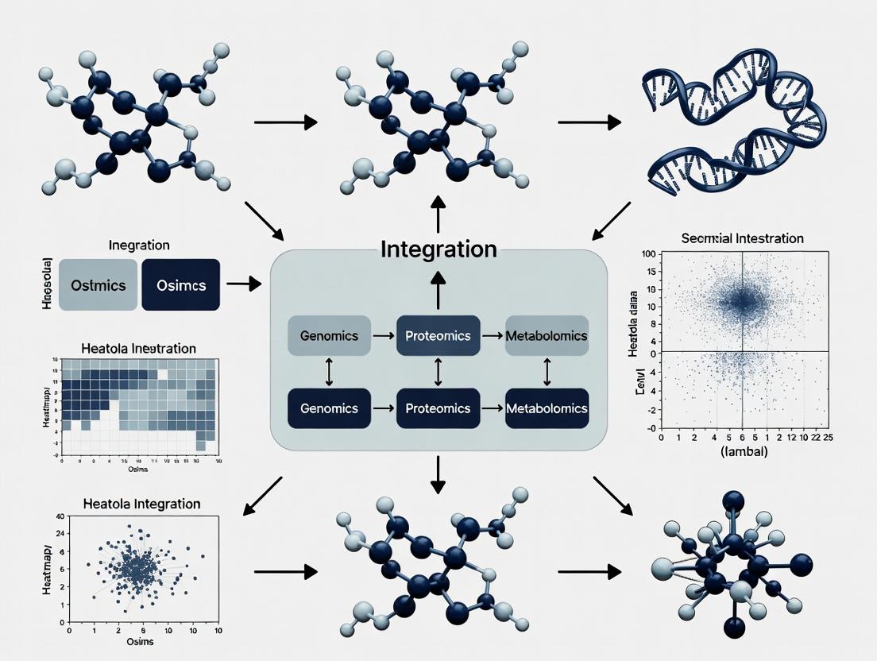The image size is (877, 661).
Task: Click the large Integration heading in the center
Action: pyautogui.click(x=438, y=249)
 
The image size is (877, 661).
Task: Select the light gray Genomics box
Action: pyautogui.click(x=329, y=335)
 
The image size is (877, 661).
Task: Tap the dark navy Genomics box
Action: pyautogui.click(x=329, y=408)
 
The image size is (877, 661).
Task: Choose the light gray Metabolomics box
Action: pyautogui.click(x=547, y=335)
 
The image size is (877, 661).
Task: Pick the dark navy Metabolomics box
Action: pyautogui.click(x=547, y=408)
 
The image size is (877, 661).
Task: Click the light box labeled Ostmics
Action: pyautogui.click(x=98, y=284)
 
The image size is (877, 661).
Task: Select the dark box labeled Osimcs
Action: pyautogui.click(x=180, y=284)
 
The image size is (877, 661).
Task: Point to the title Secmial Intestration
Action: pyautogui.click(x=743, y=238)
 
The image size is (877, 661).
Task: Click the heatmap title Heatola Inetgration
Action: pyautogui.click(x=138, y=349)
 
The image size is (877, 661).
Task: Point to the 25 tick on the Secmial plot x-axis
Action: pyautogui.click(x=828, y=437)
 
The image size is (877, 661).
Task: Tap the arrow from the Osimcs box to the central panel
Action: pyautogui.click(x=243, y=284)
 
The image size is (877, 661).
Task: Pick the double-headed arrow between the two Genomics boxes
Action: pyautogui.click(x=328, y=372)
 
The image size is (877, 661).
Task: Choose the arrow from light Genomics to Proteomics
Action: pyautogui.click(x=383, y=336)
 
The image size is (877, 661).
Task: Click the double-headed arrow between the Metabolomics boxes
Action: pyautogui.click(x=547, y=372)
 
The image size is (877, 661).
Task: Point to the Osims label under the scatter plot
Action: pyautogui.click(x=140, y=642)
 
